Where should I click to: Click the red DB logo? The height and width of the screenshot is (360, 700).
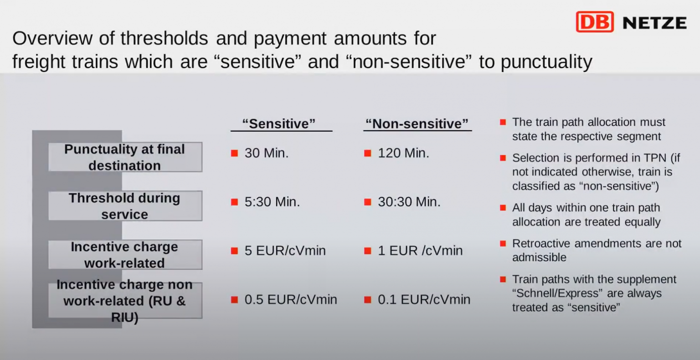click(595, 22)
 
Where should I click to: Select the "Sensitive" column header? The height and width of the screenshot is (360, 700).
click(279, 124)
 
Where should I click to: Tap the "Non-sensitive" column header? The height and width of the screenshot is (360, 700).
click(417, 124)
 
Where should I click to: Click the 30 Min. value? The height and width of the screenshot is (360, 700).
click(267, 153)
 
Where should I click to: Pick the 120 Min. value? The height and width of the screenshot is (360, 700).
click(403, 153)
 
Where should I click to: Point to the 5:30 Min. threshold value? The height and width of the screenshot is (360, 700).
click(272, 202)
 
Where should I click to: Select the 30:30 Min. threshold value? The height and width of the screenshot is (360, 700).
click(409, 202)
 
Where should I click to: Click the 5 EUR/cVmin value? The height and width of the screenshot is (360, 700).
click(285, 251)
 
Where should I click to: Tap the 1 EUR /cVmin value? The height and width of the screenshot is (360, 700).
click(420, 251)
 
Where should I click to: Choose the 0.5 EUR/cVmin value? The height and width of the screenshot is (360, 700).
click(291, 299)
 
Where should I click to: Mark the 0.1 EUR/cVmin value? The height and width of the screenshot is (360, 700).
click(424, 299)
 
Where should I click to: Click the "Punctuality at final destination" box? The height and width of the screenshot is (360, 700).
click(125, 157)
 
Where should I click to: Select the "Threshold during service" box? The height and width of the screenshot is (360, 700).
click(125, 206)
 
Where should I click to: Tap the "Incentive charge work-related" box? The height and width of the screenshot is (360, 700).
click(125, 254)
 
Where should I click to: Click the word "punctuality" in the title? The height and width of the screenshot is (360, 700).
click(546, 62)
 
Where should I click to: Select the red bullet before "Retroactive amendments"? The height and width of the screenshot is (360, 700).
click(503, 243)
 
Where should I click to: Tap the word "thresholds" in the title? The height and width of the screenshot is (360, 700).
click(165, 38)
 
